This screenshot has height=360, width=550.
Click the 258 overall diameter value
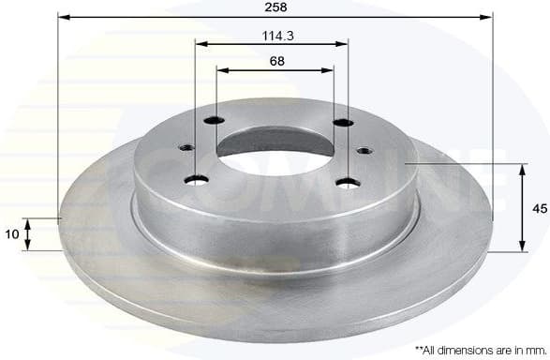[275, 7]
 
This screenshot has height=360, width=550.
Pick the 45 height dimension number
[538, 209]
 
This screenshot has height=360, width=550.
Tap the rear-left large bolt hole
[216, 120]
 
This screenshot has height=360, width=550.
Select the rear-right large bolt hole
[344, 124]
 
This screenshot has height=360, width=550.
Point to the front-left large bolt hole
[197, 181]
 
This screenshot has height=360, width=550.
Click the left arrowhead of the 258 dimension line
[62, 17]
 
